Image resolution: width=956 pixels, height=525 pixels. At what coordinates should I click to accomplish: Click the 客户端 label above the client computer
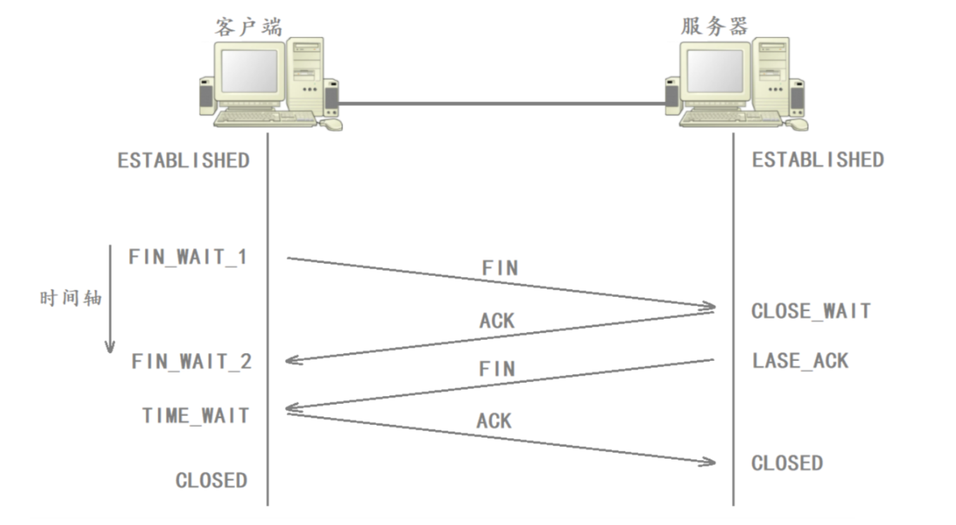click(248, 27)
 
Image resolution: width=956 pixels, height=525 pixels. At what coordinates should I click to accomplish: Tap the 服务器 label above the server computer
click(714, 27)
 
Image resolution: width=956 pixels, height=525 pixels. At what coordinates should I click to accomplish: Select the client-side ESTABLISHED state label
click(183, 160)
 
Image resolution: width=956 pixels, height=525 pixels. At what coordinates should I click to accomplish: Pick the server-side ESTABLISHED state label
click(818, 160)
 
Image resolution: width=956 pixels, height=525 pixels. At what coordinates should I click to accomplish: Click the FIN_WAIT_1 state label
click(188, 256)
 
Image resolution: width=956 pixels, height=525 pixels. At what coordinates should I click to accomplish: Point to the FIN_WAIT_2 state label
click(192, 362)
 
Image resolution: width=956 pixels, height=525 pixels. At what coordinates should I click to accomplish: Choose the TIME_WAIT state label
click(196, 415)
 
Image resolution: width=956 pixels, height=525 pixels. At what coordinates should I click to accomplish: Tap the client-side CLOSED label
click(211, 481)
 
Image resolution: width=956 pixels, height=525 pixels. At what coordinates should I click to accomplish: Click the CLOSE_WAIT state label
click(811, 311)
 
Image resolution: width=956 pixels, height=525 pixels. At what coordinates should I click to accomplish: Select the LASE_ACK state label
click(800, 361)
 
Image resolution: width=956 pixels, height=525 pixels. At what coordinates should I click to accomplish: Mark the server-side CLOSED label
click(787, 463)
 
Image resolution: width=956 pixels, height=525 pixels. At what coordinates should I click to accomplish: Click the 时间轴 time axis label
click(70, 298)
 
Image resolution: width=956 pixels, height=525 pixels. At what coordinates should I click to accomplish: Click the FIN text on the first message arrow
click(499, 268)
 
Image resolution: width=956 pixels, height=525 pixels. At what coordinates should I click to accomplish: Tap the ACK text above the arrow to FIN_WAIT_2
click(497, 321)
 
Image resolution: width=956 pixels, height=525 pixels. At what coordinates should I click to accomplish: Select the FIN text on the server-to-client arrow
click(497, 369)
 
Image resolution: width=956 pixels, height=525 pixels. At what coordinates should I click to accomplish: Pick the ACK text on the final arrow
click(494, 421)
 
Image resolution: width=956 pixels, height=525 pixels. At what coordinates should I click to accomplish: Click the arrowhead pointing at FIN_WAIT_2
click(292, 361)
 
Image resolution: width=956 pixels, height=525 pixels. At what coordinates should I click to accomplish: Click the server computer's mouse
click(797, 125)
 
